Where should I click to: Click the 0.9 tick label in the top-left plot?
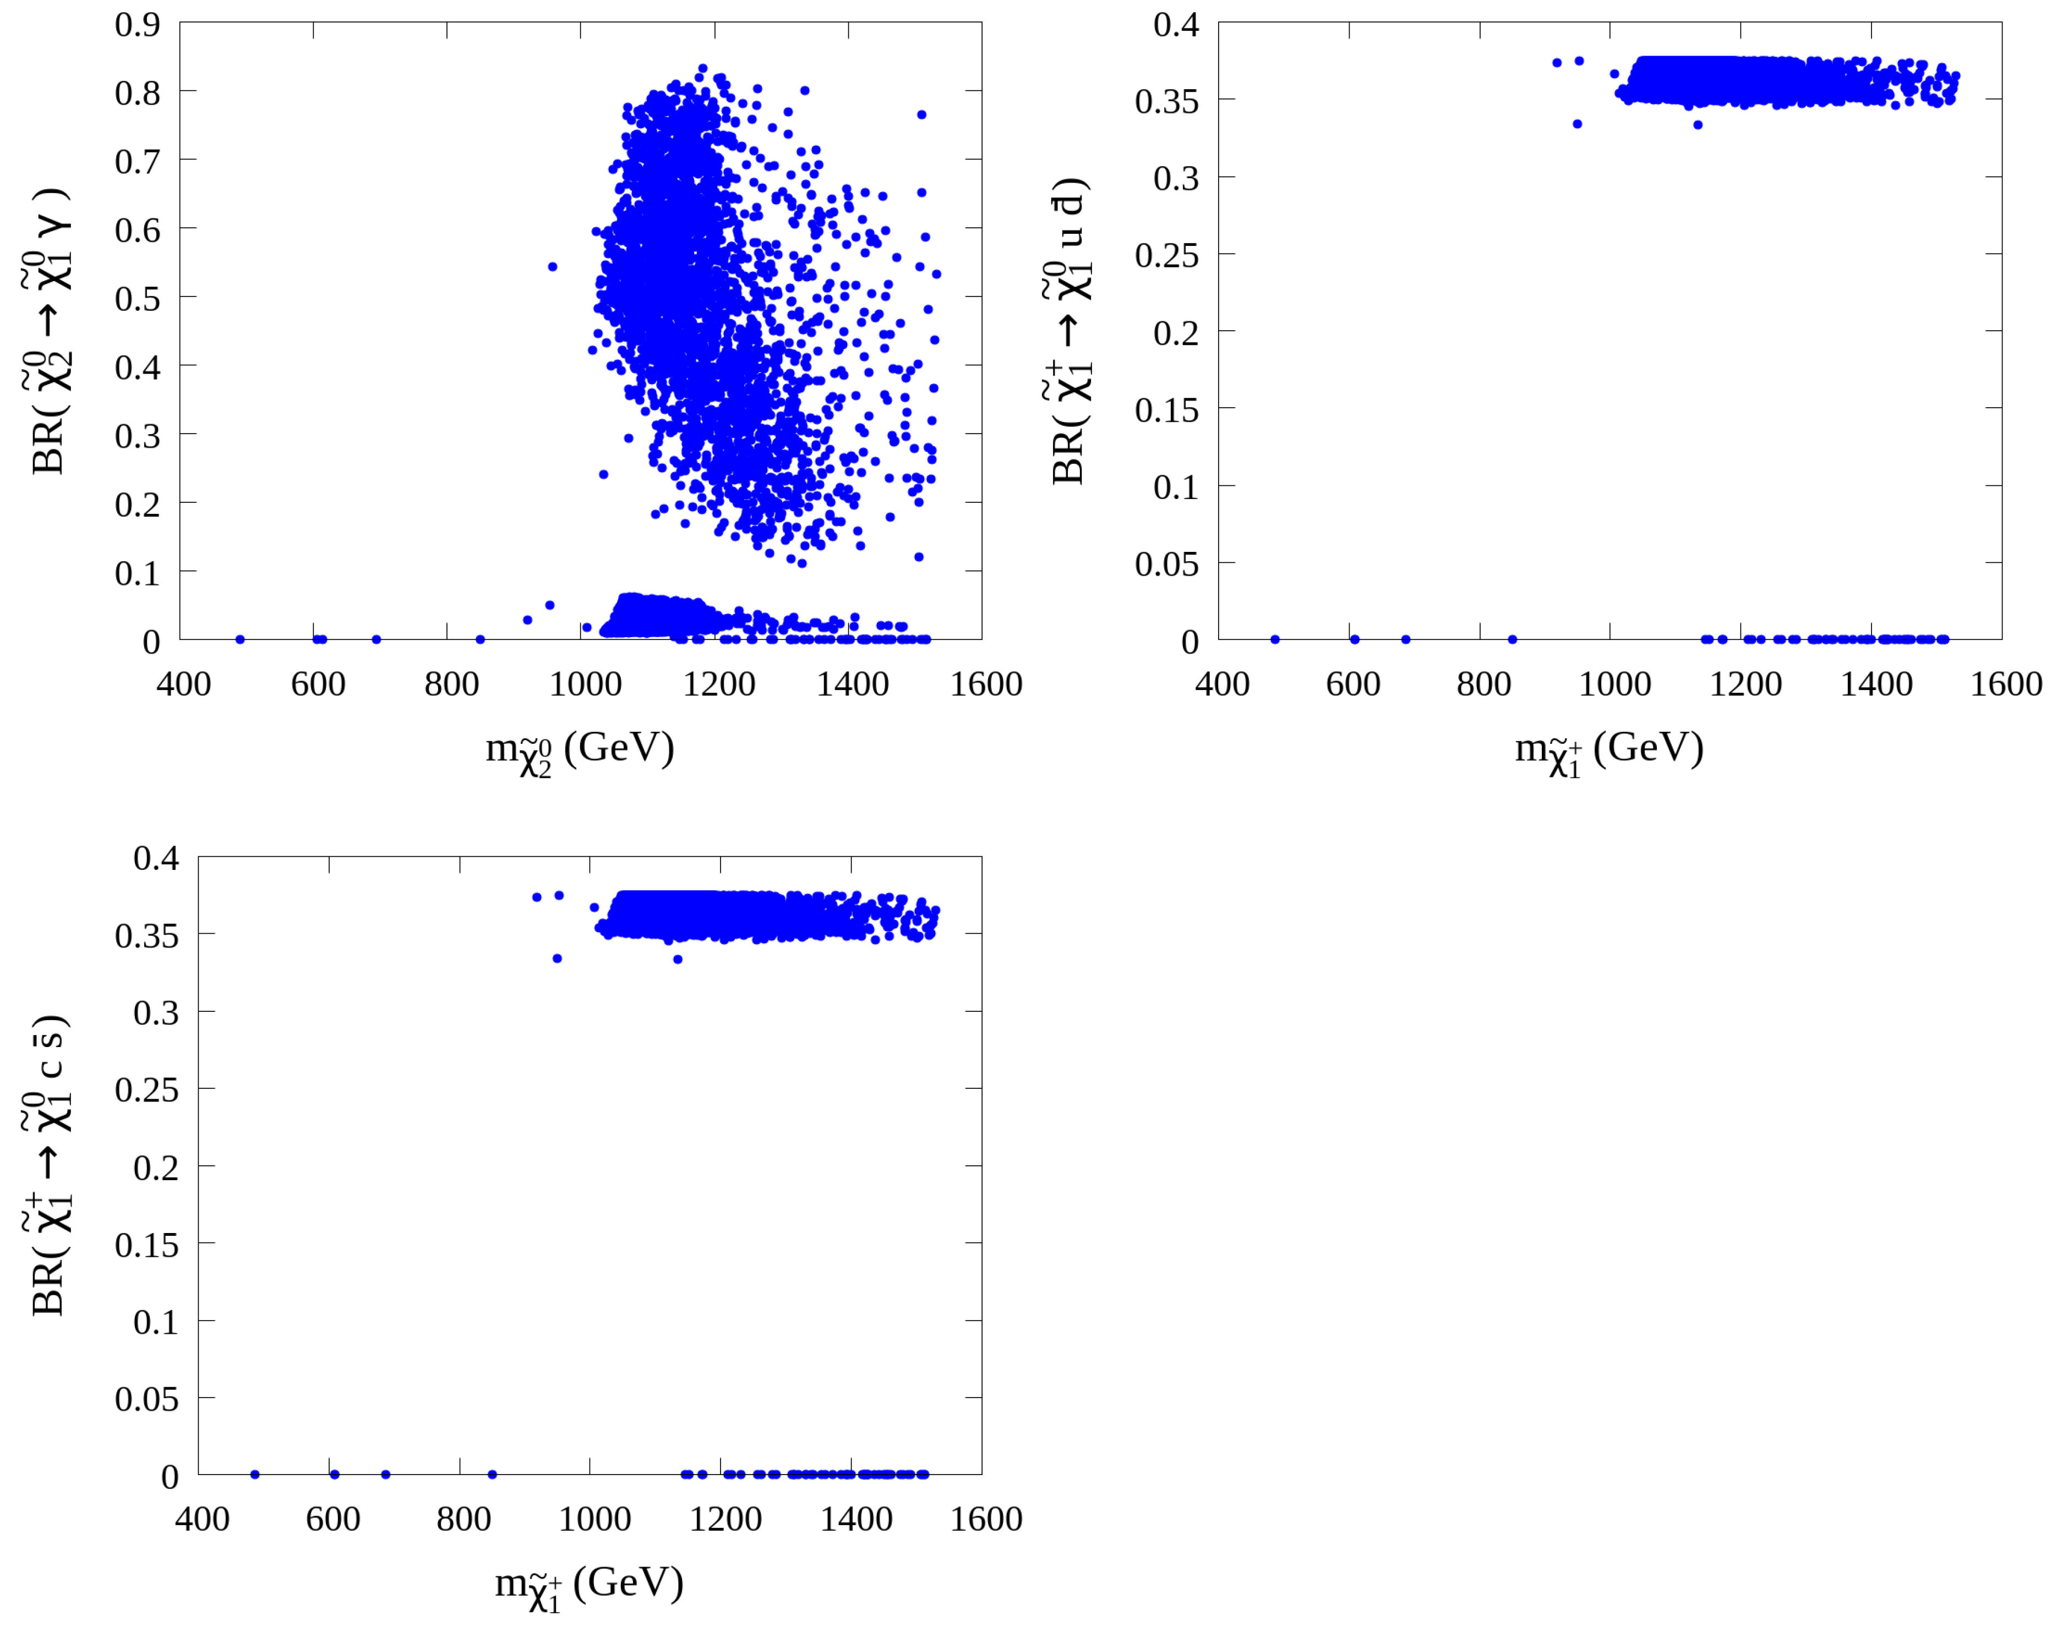click(x=137, y=25)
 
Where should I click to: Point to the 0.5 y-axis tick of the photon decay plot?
click(x=137, y=298)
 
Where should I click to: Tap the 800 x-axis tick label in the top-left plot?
click(x=451, y=684)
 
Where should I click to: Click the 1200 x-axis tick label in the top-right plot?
click(x=1745, y=684)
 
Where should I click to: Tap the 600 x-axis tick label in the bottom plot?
click(x=333, y=1520)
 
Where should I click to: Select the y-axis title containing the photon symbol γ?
click(x=48, y=331)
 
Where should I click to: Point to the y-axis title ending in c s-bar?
click(x=48, y=1165)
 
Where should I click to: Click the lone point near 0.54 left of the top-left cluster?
click(x=553, y=267)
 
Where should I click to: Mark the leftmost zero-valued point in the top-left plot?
click(x=240, y=640)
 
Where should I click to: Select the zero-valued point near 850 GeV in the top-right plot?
click(x=1513, y=640)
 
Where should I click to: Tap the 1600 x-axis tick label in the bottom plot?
click(x=986, y=1520)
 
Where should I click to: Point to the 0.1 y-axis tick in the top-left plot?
click(x=137, y=573)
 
